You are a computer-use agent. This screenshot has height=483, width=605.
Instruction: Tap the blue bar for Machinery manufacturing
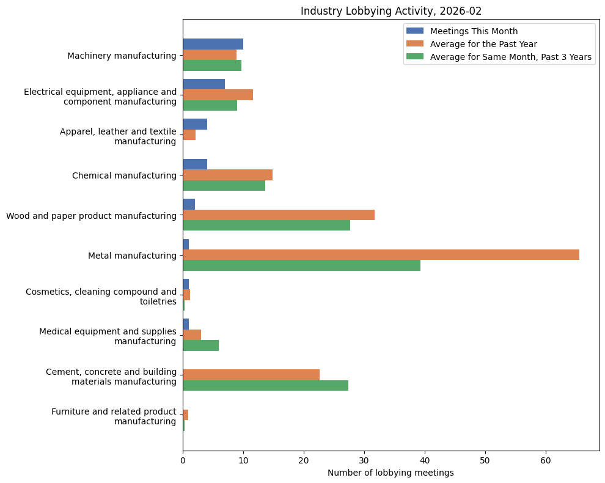(x=213, y=44)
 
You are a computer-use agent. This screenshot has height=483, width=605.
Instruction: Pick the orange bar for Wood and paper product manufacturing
(x=279, y=215)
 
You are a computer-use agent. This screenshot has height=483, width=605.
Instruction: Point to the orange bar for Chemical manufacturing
(x=227, y=175)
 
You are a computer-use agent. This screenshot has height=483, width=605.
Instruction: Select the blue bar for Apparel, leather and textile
(x=195, y=124)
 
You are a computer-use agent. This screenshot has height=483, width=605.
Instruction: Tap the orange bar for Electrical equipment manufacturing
(x=218, y=95)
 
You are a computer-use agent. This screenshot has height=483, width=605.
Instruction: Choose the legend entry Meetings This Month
(x=474, y=31)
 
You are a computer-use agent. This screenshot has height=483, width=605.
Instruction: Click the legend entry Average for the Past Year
(x=483, y=44)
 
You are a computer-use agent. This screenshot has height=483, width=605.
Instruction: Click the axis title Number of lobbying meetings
(x=391, y=473)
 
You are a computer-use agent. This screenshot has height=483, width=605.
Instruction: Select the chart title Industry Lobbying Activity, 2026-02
(x=391, y=11)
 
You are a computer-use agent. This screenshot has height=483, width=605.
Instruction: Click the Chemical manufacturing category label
(x=124, y=175)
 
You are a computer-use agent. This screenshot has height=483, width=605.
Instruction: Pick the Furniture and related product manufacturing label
(x=114, y=416)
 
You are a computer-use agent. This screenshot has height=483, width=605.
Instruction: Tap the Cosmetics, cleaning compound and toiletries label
(x=101, y=297)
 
